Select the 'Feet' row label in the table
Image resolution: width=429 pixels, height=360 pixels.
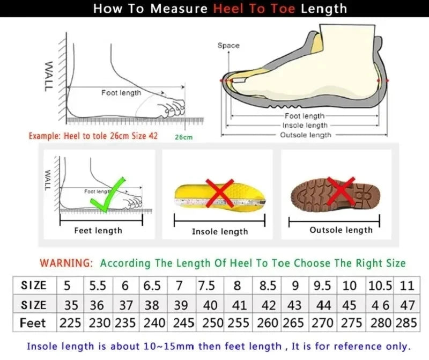point(33,323)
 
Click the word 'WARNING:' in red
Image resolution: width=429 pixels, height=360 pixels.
point(66,263)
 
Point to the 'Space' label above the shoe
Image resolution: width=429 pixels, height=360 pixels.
point(228,46)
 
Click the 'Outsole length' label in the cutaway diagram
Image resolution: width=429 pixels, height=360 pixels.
point(306,135)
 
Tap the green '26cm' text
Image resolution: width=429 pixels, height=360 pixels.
point(183,137)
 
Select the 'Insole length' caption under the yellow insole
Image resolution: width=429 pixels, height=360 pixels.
point(220,231)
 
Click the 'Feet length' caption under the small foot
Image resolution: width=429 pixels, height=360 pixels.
point(98,230)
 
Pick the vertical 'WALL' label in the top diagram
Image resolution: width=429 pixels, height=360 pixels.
point(48,76)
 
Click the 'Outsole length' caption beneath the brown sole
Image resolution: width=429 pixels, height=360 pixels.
point(341,230)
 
